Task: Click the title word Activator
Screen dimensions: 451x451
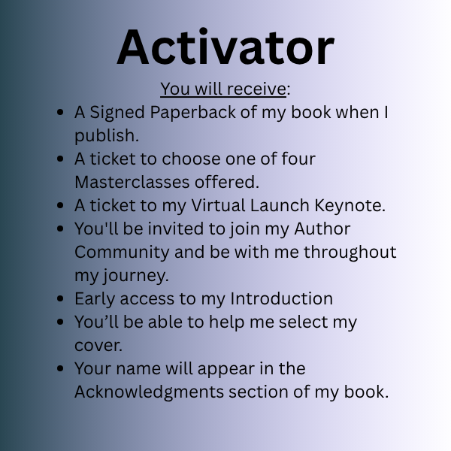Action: tap(225, 47)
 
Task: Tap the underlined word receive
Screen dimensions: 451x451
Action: tap(256, 89)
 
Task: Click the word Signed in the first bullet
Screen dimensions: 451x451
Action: tap(117, 114)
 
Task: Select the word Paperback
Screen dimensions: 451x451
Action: tap(192, 114)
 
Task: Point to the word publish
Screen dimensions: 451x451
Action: tap(107, 136)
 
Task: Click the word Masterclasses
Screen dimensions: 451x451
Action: tap(132, 182)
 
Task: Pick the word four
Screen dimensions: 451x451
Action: tap(298, 159)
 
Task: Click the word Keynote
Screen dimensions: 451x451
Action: tap(350, 207)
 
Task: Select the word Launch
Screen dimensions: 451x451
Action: tap(280, 205)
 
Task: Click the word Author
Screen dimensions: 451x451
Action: tap(322, 229)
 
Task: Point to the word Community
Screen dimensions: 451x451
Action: tap(122, 253)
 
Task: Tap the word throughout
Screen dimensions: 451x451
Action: tap(350, 253)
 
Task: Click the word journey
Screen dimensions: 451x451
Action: tap(135, 277)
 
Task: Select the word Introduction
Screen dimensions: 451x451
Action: tap(282, 298)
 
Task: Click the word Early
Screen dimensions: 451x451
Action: tap(95, 300)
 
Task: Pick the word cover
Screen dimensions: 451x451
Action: tap(98, 346)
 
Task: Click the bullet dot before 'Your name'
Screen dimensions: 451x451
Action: tap(60, 368)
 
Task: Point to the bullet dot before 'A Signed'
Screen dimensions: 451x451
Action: tap(60, 112)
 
